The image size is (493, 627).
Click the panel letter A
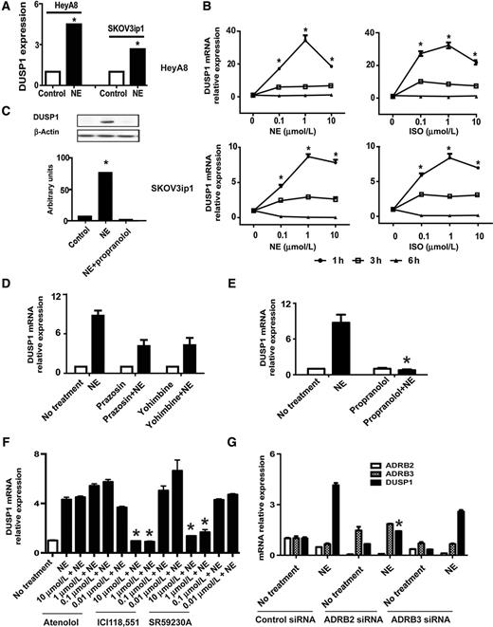coord(7,8)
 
